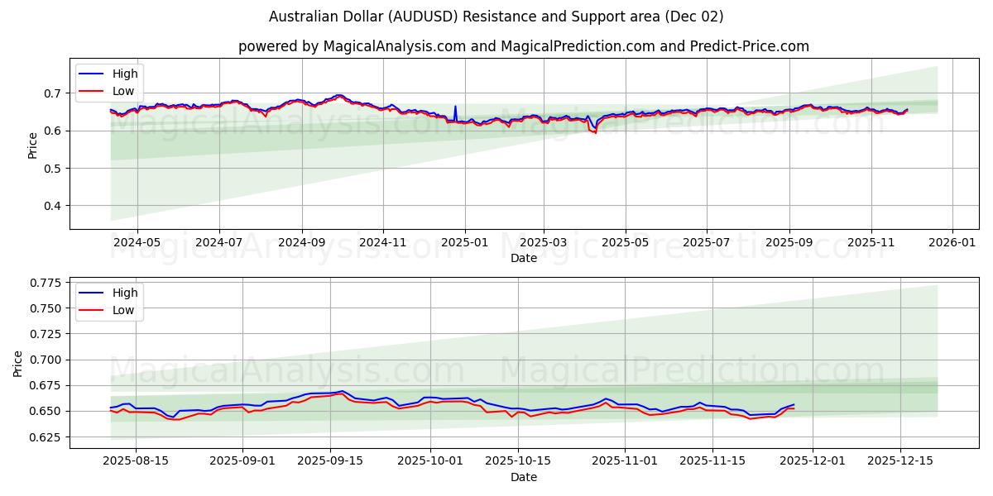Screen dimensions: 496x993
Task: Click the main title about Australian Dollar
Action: coord(496,17)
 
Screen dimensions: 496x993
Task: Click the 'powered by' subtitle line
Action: coord(523,46)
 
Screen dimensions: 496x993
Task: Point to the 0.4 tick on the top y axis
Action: coord(53,206)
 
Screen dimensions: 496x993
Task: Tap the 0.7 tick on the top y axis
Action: coord(53,93)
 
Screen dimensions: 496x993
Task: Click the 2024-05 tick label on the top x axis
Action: coord(137,243)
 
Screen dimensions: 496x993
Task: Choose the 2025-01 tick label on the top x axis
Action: coord(464,243)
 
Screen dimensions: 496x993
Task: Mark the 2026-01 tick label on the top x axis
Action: coord(952,243)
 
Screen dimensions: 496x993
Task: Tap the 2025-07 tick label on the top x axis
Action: coord(706,243)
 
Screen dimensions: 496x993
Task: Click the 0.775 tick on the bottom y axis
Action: coord(46,283)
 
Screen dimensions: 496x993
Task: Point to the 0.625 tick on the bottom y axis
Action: coord(46,437)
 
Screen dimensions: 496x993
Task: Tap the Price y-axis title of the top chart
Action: coord(33,145)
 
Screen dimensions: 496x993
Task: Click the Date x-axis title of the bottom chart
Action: coord(523,477)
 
